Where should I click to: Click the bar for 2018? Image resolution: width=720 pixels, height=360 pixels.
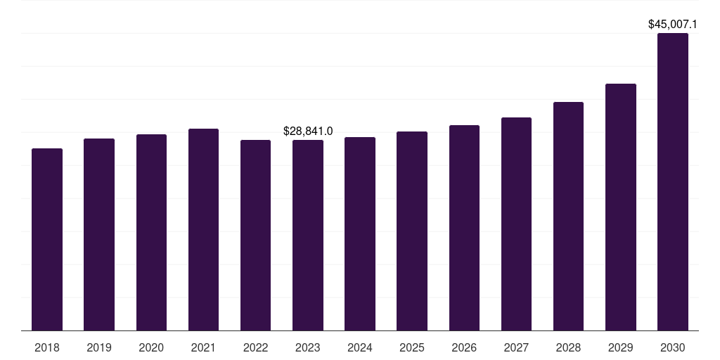tap(47, 239)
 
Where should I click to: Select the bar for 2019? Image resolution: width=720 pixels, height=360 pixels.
tap(99, 234)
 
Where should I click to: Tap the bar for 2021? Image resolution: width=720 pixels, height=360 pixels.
tap(203, 230)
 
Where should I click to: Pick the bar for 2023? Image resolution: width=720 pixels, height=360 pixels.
tap(308, 235)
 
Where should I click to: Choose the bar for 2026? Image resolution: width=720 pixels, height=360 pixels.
tap(464, 228)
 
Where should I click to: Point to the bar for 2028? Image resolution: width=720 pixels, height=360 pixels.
tap(568, 217)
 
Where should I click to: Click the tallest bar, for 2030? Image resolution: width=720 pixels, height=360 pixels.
tap(673, 182)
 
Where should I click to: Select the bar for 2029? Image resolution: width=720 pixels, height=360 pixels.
tap(621, 207)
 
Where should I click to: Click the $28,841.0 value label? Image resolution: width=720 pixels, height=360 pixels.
tap(308, 131)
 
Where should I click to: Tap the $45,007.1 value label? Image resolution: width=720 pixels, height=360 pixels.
tap(673, 25)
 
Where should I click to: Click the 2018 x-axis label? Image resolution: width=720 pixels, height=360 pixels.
tap(47, 347)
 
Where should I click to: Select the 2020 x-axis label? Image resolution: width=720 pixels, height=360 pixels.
tap(151, 347)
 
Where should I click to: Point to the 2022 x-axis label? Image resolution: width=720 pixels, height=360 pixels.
tap(255, 347)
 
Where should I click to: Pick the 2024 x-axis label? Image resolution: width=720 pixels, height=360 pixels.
tap(360, 347)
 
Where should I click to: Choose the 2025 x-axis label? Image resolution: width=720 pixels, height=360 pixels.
tap(412, 347)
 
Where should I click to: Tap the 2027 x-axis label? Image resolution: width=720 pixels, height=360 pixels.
tap(516, 347)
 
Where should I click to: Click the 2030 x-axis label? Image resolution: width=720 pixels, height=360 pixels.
tap(673, 347)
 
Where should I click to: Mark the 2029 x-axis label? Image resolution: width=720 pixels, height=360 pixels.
tap(621, 347)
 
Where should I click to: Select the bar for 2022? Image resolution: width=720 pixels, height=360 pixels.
tap(255, 235)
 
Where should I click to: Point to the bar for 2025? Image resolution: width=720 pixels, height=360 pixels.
tap(412, 231)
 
